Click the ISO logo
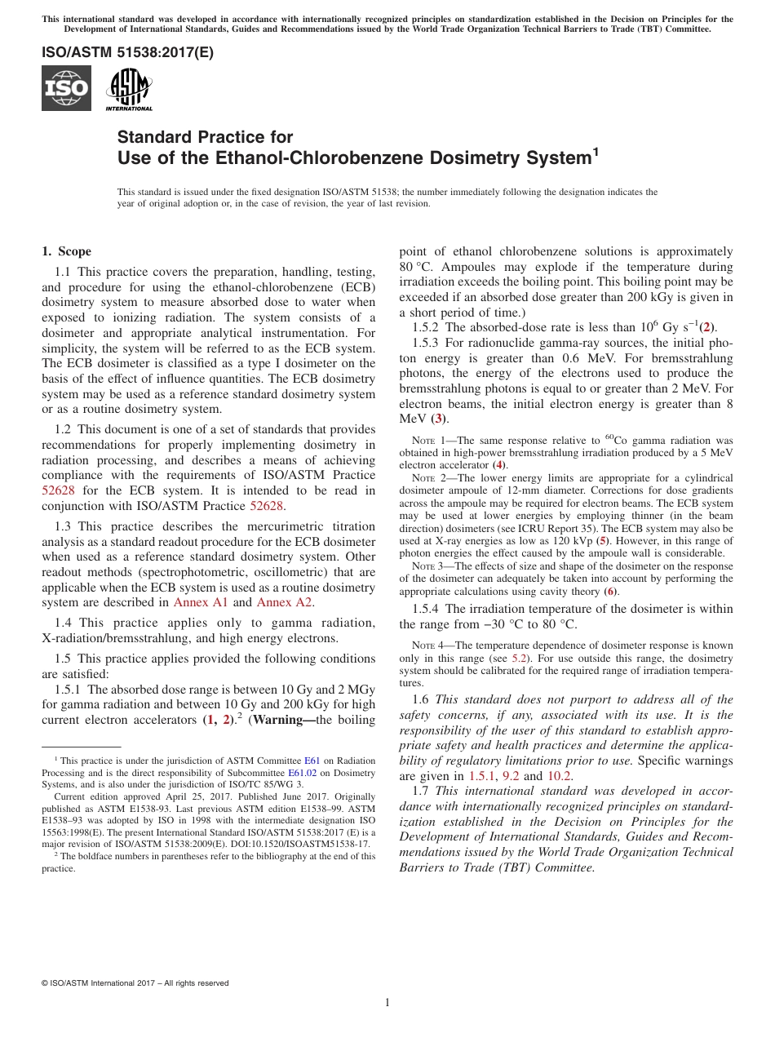[x=66, y=88]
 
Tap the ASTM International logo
[x=129, y=88]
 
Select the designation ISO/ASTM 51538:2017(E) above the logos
[x=127, y=52]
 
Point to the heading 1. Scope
[x=66, y=251]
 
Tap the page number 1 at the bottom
[x=387, y=1002]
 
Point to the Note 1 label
[x=423, y=441]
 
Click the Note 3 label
[x=423, y=566]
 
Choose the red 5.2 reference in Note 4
[x=519, y=657]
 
